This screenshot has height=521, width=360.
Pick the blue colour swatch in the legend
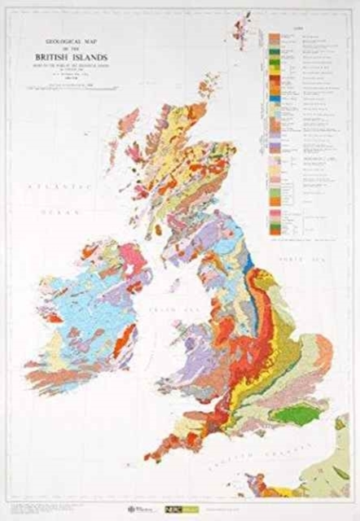[x=274, y=100]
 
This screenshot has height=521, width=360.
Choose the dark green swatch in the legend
[x=274, y=50]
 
